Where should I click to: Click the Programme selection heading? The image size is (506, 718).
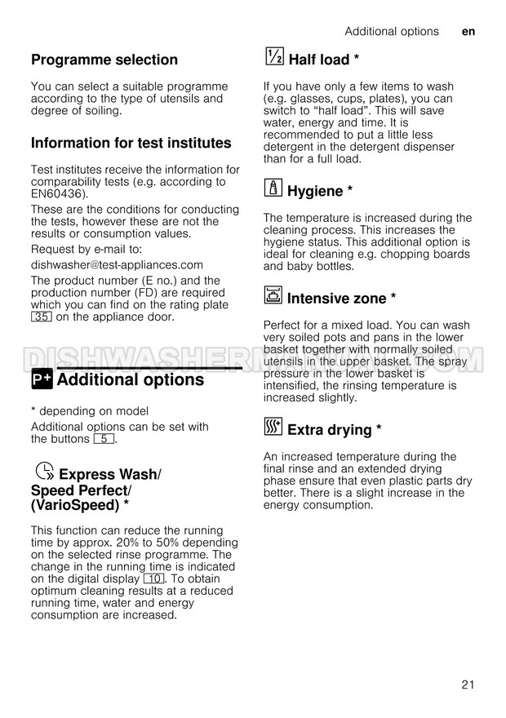(x=104, y=60)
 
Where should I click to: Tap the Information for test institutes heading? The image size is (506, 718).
(x=131, y=143)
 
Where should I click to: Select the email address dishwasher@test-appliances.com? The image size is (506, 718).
(x=117, y=264)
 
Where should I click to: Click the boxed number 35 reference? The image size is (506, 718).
(x=41, y=317)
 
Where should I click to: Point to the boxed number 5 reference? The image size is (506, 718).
(x=104, y=439)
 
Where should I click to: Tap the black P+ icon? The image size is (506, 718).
(x=42, y=380)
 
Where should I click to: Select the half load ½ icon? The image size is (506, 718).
(x=274, y=56)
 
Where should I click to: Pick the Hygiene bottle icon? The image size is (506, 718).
(x=273, y=188)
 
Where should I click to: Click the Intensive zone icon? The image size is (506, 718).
(x=273, y=295)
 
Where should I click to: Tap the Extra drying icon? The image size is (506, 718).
(x=273, y=427)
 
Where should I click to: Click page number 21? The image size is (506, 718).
(x=467, y=685)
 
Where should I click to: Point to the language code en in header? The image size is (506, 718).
(x=468, y=32)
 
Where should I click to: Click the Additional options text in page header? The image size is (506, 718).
(x=391, y=32)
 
